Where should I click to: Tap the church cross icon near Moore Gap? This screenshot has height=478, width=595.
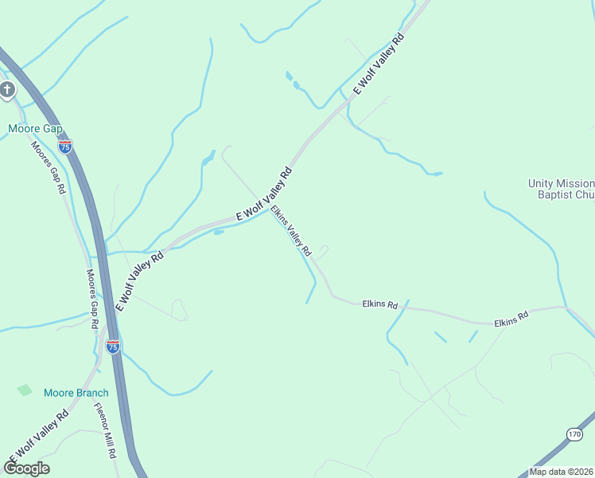pyautogui.click(x=8, y=89)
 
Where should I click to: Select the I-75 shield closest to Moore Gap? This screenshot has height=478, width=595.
pyautogui.click(x=65, y=147)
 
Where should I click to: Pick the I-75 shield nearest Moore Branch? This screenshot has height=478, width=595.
pyautogui.click(x=113, y=347)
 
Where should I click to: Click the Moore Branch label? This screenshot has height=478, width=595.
pyautogui.click(x=76, y=393)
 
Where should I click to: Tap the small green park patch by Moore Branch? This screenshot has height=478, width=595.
pyautogui.click(x=25, y=390)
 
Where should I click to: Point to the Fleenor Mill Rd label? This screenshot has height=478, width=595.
pyautogui.click(x=106, y=430)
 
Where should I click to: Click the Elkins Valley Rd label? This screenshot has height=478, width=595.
pyautogui.click(x=291, y=231)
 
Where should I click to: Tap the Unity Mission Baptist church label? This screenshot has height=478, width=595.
pyautogui.click(x=562, y=189)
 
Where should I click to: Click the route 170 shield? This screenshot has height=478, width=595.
pyautogui.click(x=575, y=433)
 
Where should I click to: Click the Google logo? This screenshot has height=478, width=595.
pyautogui.click(x=26, y=468)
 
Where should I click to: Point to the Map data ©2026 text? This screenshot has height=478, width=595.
pyautogui.click(x=561, y=472)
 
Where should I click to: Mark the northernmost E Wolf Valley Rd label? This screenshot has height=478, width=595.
pyautogui.click(x=379, y=65)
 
